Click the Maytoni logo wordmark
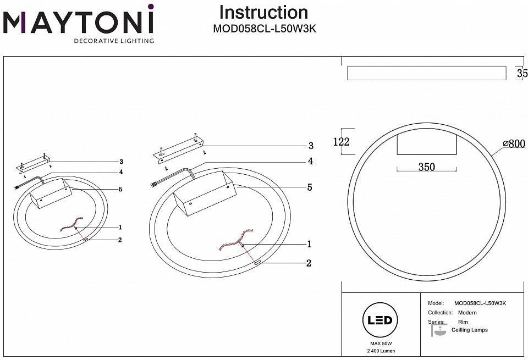(78, 22)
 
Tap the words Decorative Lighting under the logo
(114, 41)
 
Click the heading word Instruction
(263, 12)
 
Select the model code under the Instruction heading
(264, 30)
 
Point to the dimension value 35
(521, 73)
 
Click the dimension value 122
(341, 142)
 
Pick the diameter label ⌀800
(514, 144)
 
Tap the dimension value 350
(426, 167)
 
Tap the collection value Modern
(467, 313)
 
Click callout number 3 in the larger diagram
(311, 146)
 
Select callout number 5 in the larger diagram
(310, 187)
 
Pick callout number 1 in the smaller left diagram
(120, 227)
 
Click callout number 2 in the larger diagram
(309, 263)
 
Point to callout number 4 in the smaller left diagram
(120, 172)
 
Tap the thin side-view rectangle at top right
(426, 73)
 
